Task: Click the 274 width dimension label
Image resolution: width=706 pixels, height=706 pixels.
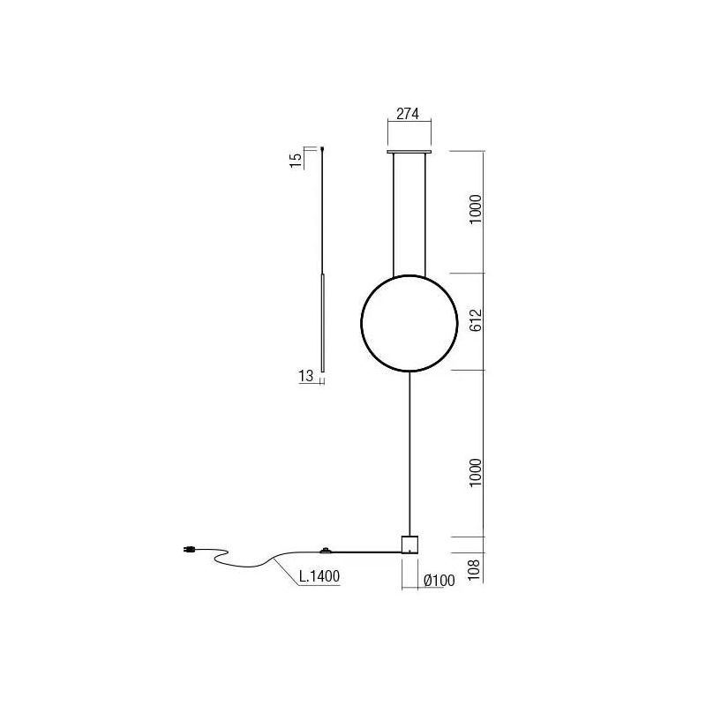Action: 408,115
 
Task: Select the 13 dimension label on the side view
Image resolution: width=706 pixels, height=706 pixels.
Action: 306,376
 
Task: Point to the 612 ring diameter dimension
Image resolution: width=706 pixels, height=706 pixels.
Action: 476,322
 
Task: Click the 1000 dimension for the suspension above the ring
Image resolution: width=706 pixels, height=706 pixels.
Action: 476,209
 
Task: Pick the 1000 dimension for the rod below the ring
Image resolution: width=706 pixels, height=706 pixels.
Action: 476,475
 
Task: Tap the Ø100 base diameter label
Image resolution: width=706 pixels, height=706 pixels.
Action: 439,580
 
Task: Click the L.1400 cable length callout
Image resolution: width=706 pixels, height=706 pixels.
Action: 319,576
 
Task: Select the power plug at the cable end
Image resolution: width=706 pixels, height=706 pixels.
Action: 188,552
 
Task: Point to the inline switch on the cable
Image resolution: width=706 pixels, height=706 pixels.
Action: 327,551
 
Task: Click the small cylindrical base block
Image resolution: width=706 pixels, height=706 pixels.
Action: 409,544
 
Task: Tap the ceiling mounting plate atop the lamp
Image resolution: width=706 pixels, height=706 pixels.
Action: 409,152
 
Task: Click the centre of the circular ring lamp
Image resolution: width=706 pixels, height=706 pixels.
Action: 409,323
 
